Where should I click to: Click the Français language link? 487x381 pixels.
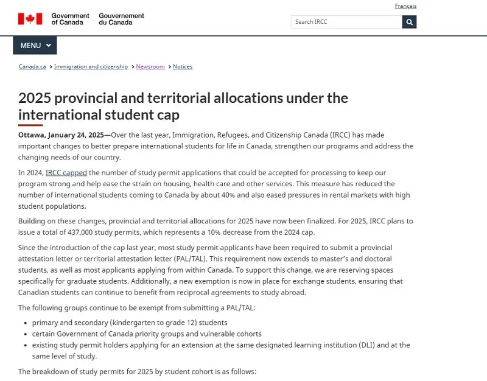pyautogui.click(x=405, y=6)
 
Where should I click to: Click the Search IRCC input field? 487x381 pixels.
pyautogui.click(x=346, y=22)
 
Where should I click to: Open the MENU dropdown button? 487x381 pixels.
pyautogui.click(x=35, y=46)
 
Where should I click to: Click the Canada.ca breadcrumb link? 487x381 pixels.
pyautogui.click(x=32, y=66)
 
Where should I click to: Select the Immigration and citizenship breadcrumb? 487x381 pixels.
pyautogui.click(x=91, y=66)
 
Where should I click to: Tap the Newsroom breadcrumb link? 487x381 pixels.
pyautogui.click(x=150, y=66)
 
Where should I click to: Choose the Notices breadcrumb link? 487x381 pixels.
pyautogui.click(x=183, y=66)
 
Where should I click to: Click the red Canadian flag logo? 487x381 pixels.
pyautogui.click(x=30, y=19)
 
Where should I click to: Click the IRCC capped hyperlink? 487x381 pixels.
pyautogui.click(x=66, y=173)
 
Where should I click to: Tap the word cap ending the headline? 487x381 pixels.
pyautogui.click(x=167, y=115)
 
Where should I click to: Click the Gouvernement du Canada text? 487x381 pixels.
pyautogui.click(x=122, y=19)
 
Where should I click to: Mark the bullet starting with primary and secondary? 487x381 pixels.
pyautogui.click(x=130, y=323)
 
